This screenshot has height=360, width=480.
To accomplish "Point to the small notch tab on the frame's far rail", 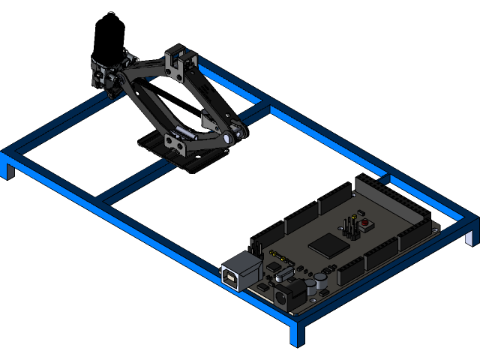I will tap(385, 179).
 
